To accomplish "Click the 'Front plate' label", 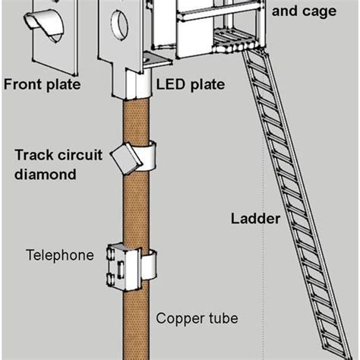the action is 42,84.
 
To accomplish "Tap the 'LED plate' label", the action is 191,84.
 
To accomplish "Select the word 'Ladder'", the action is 255,219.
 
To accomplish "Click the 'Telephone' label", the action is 60,255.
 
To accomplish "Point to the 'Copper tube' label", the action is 197,319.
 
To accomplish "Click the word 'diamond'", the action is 46,174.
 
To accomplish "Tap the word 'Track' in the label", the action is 33,155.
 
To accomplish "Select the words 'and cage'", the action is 304,11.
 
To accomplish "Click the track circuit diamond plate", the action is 126,159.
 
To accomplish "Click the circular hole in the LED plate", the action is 119,25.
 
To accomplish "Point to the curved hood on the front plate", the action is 44,25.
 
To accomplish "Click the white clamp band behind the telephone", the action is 149,265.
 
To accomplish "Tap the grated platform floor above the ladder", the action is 234,36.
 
